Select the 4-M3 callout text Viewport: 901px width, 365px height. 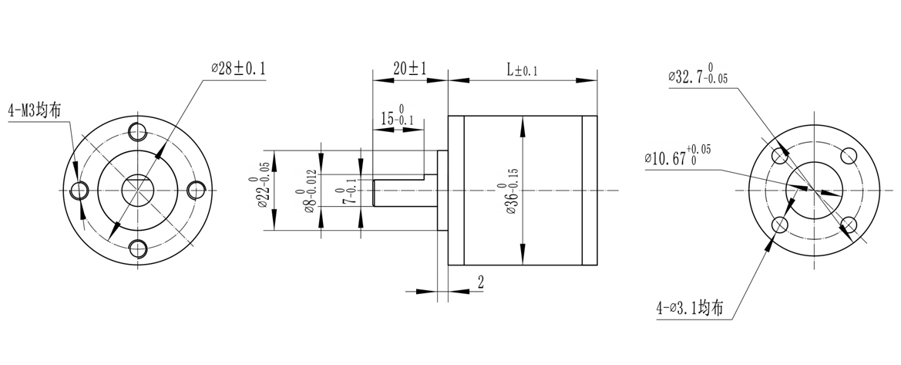point(35,110)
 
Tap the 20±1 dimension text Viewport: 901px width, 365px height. point(409,69)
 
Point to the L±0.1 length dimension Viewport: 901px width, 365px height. point(522,69)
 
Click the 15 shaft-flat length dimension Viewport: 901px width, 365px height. point(397,118)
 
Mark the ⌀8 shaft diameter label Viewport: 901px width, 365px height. point(306,191)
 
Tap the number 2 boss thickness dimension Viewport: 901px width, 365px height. point(480,282)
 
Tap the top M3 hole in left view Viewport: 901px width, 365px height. point(138,130)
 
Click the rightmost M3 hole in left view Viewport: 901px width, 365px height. point(196,189)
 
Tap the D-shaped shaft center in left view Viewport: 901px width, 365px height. point(138,189)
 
